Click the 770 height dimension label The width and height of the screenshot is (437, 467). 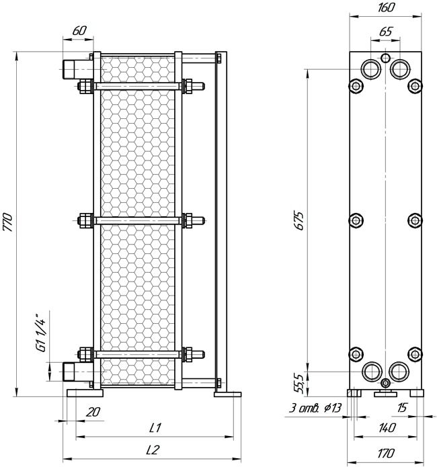(7, 222)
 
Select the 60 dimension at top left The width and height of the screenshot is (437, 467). (79, 30)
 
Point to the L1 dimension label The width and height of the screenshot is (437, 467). (155, 427)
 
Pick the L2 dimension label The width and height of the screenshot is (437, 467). (153, 450)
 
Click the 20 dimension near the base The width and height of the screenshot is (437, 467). (93, 412)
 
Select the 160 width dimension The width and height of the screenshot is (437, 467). (386, 7)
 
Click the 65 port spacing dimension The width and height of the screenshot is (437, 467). (386, 32)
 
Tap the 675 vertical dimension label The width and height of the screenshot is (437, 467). (299, 220)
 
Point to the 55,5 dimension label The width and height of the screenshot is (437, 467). (299, 384)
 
